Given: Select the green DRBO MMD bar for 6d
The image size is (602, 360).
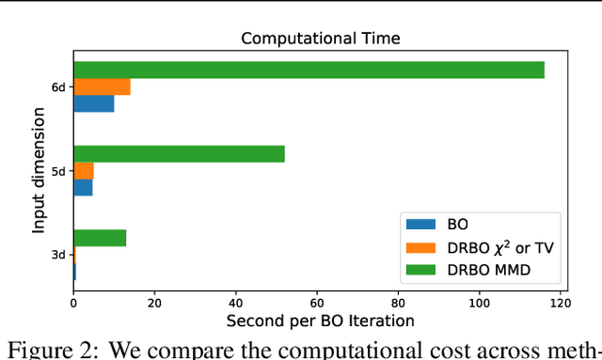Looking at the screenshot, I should (309, 70).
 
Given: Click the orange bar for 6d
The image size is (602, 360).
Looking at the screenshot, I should (102, 86).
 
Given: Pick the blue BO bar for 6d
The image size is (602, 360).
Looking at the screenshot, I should (93, 103).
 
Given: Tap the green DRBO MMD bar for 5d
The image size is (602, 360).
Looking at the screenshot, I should (179, 154).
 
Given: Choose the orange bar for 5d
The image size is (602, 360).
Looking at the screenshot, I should (84, 171).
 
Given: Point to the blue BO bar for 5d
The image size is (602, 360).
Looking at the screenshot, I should (83, 188).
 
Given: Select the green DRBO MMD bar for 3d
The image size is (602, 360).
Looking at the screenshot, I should (100, 238).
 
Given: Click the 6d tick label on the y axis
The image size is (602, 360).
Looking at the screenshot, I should (58, 86).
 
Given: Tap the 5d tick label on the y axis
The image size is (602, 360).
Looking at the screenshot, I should (58, 171).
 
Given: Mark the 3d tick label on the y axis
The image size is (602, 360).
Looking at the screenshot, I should (58, 255).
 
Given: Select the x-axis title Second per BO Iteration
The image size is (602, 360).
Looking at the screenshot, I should (320, 321).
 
